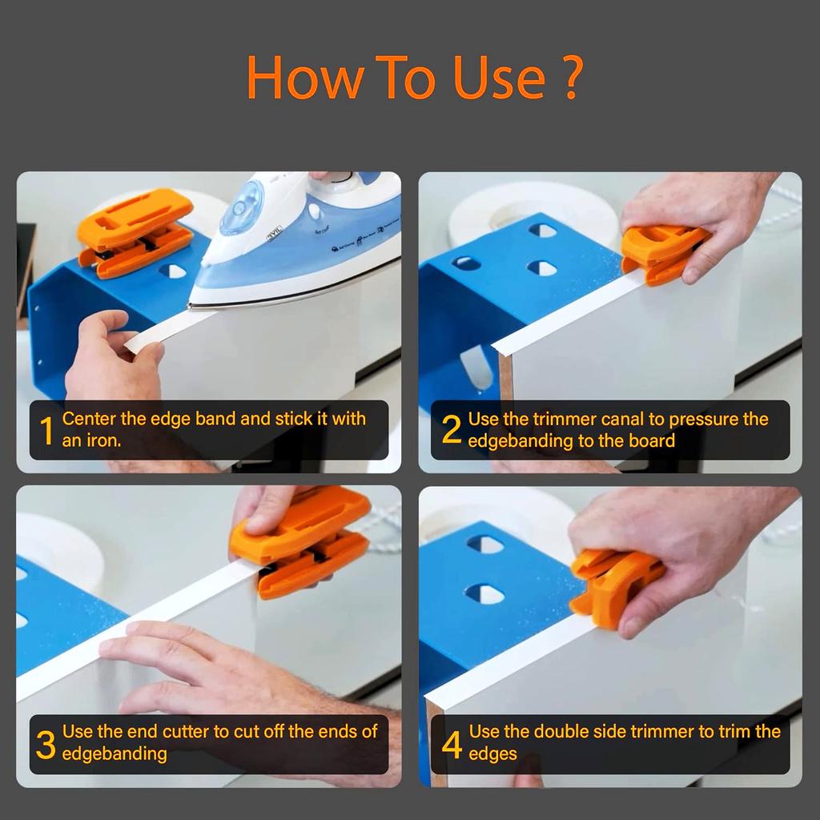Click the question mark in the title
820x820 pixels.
[x=570, y=78]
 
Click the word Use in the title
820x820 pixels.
[x=488, y=78]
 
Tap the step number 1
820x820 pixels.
[x=46, y=431]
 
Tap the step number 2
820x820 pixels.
[x=451, y=431]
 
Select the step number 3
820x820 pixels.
[x=46, y=744]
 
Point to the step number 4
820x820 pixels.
[x=452, y=744]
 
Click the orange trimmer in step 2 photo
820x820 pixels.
[x=661, y=253]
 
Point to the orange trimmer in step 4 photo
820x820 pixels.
[x=613, y=585]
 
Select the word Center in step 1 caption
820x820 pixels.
[x=89, y=419]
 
